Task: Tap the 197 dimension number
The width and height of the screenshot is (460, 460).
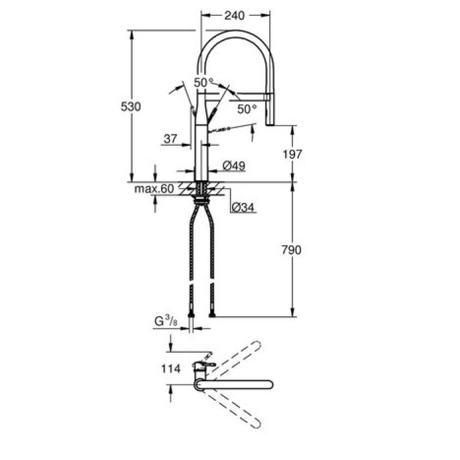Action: coord(292,154)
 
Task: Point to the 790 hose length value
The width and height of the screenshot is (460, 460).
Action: coord(292,250)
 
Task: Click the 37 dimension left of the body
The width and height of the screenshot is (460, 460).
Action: coord(170,139)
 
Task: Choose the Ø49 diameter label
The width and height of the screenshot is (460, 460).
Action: coord(234,166)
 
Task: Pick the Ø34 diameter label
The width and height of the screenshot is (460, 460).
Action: coord(244,208)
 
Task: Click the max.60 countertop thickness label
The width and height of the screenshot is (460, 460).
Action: coord(155,189)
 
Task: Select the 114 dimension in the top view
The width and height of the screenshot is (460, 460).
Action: coord(170,369)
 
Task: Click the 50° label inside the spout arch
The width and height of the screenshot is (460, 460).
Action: coord(203,82)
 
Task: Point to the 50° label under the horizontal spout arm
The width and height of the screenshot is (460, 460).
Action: coord(246,109)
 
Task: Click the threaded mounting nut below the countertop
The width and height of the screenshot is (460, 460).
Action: coord(202,192)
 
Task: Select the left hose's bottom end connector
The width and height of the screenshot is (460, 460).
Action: coord(191,313)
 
